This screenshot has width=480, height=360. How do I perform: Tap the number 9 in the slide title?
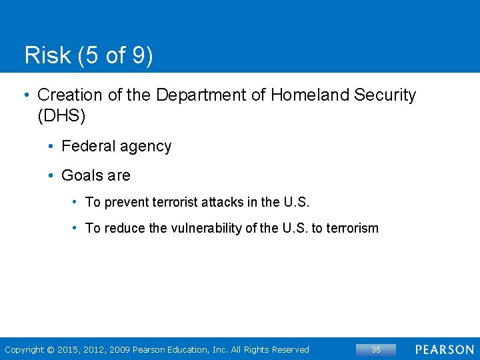click(138, 55)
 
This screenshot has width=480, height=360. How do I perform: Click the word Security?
click(385, 95)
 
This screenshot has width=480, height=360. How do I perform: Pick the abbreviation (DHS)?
click(61, 116)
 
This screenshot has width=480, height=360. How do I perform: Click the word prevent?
click(127, 202)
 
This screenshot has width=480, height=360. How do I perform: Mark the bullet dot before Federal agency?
click(51, 146)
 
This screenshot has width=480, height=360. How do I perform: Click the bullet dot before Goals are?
click(51, 175)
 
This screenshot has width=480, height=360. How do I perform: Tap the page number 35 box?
click(375, 349)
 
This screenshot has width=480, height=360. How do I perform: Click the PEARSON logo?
click(445, 349)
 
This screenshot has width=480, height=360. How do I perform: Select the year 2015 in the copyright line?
click(68, 350)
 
